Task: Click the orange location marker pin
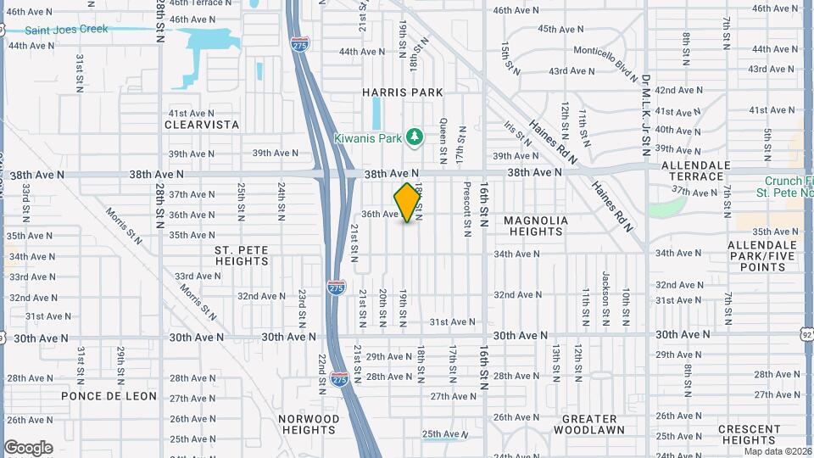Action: coord(407,203)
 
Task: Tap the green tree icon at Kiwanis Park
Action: coord(414,136)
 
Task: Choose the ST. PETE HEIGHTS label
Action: coord(242,255)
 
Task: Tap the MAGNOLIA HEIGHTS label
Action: coord(536,226)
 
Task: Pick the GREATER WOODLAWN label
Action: coord(585,424)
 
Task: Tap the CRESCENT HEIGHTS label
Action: coord(749,434)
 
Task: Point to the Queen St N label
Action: coord(443,141)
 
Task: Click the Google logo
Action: coord(28,447)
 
